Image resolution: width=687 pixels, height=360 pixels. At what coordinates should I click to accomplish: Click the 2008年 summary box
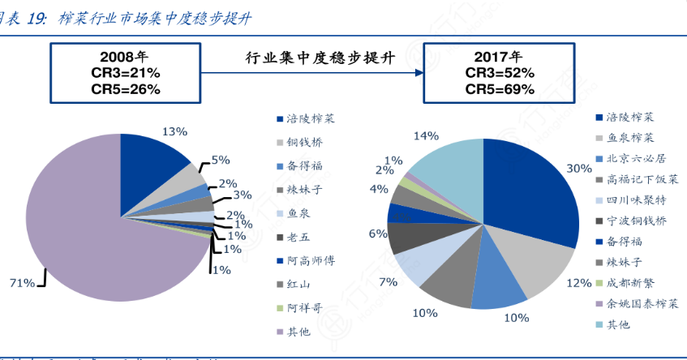125,74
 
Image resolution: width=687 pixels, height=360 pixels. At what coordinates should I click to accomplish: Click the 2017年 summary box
500,74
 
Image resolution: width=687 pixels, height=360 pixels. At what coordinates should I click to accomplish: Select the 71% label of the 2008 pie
22,283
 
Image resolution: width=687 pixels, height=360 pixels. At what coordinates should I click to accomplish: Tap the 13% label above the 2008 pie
174,131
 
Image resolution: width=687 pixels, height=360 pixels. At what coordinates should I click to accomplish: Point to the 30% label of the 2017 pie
578,169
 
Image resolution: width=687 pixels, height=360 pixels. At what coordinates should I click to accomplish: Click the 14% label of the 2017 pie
426,135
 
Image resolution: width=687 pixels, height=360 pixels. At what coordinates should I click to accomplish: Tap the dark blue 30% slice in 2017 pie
535,195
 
